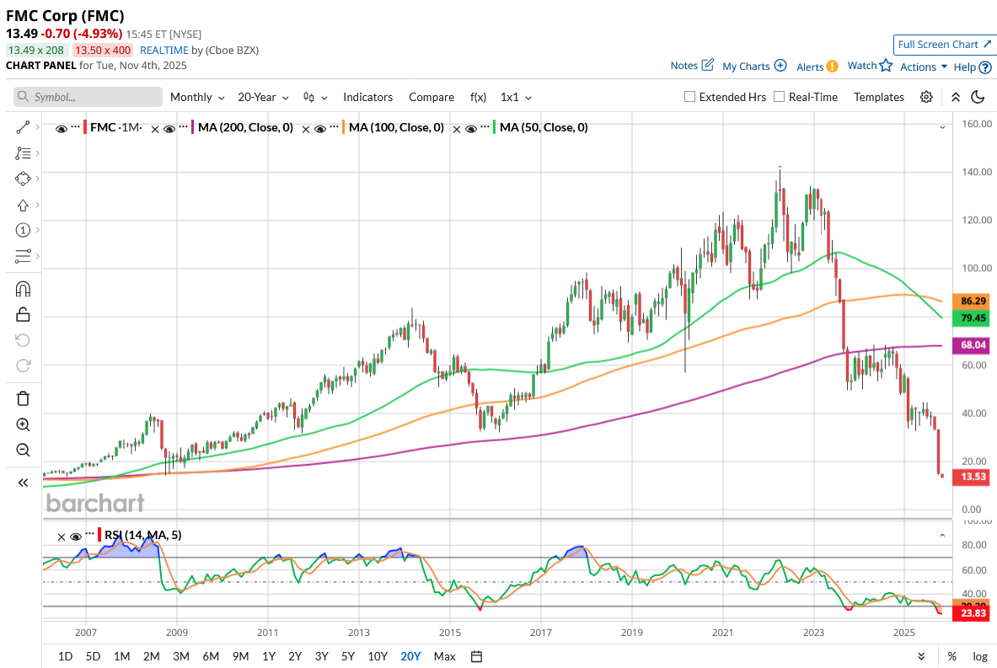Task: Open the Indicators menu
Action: coord(367,97)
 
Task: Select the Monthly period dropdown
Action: coord(197,97)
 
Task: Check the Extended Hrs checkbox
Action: coord(690,97)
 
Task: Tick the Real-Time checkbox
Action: coord(779,97)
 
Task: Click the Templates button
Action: coord(878,97)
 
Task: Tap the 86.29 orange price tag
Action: coord(968,301)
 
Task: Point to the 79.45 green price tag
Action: coord(968,318)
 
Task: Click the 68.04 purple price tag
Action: coord(968,345)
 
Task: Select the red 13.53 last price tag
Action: coord(968,478)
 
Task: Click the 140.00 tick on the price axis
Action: coord(974,172)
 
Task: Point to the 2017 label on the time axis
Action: coord(541,632)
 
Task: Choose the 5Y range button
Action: coord(347,656)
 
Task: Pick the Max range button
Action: coord(444,656)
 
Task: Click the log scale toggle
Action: coord(980,656)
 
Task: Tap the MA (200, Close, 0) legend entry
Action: coord(245,128)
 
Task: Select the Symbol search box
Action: coord(88,97)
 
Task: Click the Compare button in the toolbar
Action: coord(431,97)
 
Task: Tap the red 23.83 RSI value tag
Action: coord(968,614)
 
